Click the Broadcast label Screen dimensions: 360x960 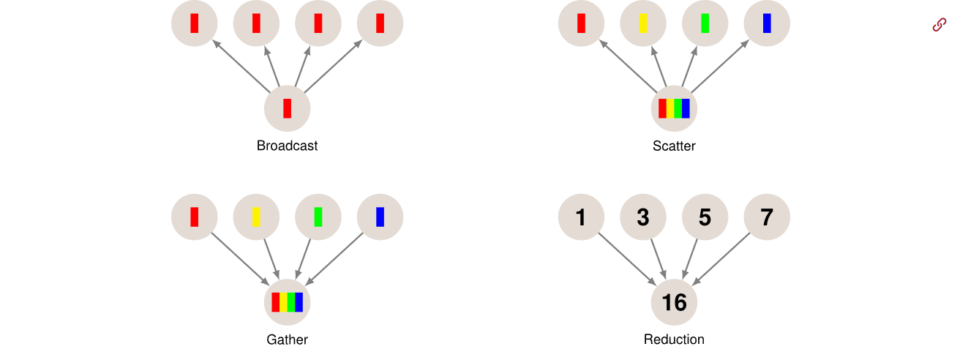pos(287,146)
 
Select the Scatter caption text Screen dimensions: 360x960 pos(674,146)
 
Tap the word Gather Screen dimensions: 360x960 pos(287,340)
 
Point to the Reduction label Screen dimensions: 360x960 pos(674,340)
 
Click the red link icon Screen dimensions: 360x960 pos(940,25)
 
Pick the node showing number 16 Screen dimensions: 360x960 pos(674,302)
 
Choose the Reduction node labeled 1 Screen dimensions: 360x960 pos(581,217)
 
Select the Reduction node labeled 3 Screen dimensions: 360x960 pos(643,217)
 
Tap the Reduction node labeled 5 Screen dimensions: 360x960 pos(705,217)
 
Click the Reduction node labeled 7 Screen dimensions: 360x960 pos(767,217)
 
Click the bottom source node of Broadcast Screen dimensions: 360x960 pos(287,108)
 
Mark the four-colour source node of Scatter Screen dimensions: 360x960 pos(674,108)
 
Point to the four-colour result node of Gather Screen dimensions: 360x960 pos(287,302)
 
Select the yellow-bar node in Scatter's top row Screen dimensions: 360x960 pos(643,23)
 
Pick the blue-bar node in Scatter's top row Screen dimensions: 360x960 pos(767,23)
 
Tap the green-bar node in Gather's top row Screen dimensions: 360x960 pos(318,217)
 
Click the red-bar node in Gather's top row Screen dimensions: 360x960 pos(194,217)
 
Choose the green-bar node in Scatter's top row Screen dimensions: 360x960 pos(705,23)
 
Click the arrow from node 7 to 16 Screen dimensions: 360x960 pos(721,259)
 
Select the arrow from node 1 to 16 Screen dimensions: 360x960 pos(627,259)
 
